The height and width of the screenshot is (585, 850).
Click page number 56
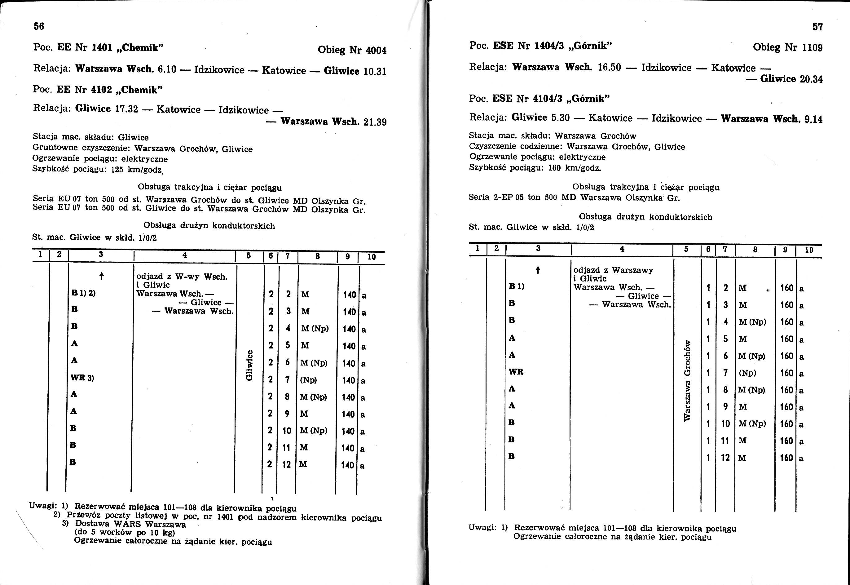pos(39,26)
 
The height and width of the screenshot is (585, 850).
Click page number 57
pos(817,27)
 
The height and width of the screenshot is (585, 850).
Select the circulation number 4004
pos(376,50)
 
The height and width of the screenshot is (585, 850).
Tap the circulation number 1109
pos(812,48)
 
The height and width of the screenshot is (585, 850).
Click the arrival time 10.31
pos(375,71)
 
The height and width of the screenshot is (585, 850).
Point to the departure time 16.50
pos(609,68)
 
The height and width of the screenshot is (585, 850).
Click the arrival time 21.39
pos(375,122)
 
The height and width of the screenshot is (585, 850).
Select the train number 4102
pos(102,90)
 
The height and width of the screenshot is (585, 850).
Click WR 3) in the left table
pos(82,378)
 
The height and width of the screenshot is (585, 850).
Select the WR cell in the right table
pos(516,372)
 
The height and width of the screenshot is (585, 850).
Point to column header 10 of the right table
pos(809,250)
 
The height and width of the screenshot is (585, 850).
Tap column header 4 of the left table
pos(185,255)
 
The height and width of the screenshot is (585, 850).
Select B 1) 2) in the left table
pos(84,293)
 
